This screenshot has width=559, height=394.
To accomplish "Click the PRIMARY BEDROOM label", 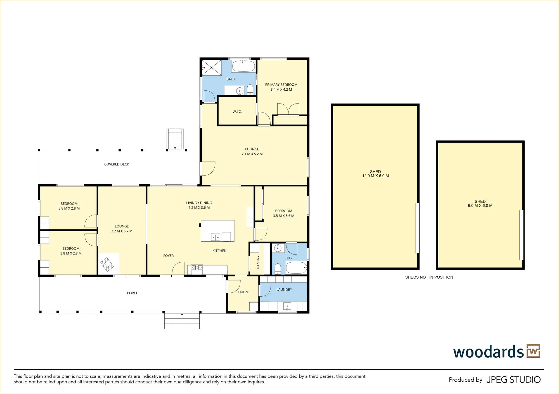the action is [x=281, y=85].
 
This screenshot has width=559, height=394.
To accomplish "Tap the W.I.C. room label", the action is [x=237, y=112].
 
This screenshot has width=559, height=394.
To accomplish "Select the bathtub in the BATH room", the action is [x=243, y=66].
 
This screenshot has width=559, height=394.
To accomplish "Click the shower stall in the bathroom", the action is [x=211, y=67].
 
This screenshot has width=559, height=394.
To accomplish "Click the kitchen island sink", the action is [x=215, y=237].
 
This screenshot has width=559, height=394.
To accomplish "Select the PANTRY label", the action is [x=258, y=262].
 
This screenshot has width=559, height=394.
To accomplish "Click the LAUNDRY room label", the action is [x=284, y=290].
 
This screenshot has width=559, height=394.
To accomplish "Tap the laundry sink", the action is [x=287, y=306].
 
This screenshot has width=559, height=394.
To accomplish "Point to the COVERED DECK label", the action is [x=117, y=164].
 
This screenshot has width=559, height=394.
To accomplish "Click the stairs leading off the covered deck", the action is [x=175, y=139].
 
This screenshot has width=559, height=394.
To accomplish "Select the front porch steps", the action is [x=182, y=321].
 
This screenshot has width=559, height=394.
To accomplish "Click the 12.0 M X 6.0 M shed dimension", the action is [x=375, y=176].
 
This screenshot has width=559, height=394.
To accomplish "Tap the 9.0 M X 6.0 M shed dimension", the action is [x=480, y=206].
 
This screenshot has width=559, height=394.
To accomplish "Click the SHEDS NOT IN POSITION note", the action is [x=429, y=277].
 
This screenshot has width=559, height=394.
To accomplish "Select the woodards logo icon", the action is [x=533, y=351].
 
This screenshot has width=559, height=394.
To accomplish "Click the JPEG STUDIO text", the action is [x=514, y=380].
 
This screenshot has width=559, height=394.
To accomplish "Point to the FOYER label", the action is [x=169, y=256].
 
